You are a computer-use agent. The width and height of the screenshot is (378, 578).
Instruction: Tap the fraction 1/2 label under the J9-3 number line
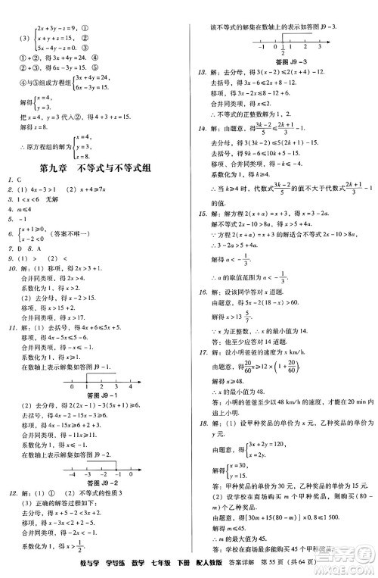[x=281, y=51]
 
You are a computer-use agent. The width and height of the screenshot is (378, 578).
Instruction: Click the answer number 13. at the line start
[x=201, y=71]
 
